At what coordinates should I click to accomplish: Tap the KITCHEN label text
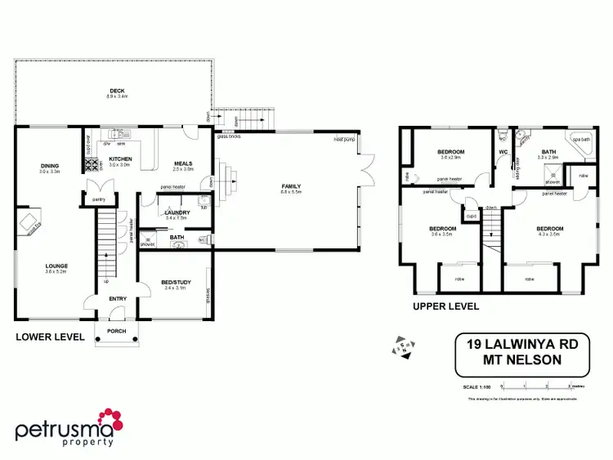120,159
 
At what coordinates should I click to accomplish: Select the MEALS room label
183,163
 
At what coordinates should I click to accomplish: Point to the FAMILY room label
292,186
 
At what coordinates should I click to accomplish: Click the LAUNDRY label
176,212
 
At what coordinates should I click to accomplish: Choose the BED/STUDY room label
176,283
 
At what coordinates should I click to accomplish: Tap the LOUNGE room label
56,266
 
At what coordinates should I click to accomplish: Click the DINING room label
50,166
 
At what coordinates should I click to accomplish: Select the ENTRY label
118,299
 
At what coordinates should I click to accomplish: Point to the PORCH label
117,332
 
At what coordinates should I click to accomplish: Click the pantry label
100,199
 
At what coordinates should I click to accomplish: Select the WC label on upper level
503,152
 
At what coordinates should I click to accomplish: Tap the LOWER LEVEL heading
50,336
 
